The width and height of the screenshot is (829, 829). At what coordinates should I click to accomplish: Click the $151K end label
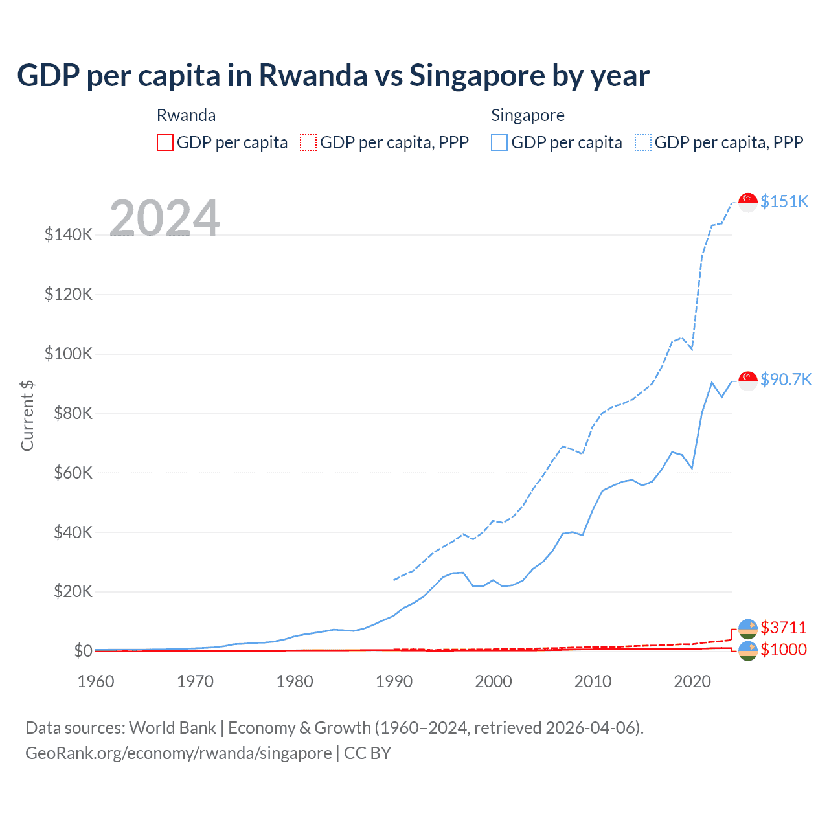tap(784, 201)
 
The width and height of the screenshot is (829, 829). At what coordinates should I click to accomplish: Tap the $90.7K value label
tap(786, 380)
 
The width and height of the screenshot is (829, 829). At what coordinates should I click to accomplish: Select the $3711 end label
tap(784, 628)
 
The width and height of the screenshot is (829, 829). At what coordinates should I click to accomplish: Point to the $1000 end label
tap(784, 650)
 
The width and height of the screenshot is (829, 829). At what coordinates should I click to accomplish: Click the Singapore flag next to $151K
tap(748, 202)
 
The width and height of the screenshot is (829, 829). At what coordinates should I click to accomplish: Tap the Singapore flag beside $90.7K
tap(748, 381)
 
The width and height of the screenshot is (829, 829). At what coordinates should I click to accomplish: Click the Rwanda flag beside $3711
tap(748, 628)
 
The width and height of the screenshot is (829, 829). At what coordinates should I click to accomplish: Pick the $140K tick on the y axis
tap(69, 234)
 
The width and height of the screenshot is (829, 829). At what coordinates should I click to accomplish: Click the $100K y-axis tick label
tap(69, 354)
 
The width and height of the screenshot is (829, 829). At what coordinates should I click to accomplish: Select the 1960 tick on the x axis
tap(96, 681)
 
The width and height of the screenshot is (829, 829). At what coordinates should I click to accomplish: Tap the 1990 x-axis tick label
tap(394, 681)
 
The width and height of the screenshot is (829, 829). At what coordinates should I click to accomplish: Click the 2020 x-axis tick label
tap(692, 681)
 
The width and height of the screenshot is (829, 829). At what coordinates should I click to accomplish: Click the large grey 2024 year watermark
tap(165, 218)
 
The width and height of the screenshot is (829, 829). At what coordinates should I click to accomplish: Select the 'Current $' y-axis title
tap(27, 416)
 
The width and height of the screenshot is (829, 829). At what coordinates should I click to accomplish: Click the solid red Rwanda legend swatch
tap(165, 142)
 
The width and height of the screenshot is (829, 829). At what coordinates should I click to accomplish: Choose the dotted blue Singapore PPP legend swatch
tap(643, 142)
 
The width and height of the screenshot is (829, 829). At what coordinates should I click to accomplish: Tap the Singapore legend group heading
tap(528, 115)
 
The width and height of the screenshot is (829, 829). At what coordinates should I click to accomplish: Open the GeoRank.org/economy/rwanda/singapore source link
tap(179, 753)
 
